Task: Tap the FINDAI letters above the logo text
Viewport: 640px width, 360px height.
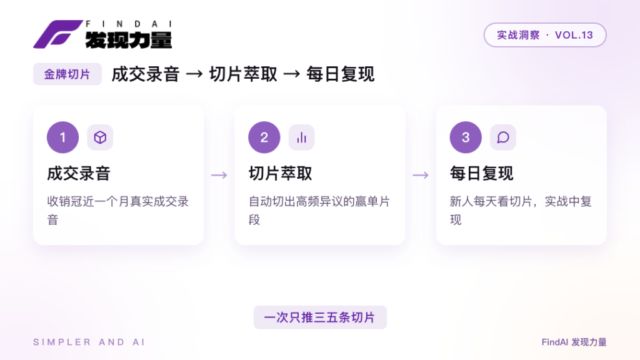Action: tap(129, 24)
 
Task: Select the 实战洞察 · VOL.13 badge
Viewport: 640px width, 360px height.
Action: tap(545, 35)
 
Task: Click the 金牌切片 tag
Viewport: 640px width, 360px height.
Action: tap(67, 74)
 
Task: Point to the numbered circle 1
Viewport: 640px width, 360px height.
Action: tap(63, 137)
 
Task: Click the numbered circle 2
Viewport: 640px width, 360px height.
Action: tap(264, 137)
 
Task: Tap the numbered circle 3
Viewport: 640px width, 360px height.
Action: tap(466, 137)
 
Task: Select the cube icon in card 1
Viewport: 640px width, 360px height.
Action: tap(100, 137)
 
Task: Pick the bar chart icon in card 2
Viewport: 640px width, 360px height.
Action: tap(302, 137)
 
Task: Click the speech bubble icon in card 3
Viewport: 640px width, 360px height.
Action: tap(503, 137)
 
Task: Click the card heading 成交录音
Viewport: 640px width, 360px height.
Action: tap(79, 174)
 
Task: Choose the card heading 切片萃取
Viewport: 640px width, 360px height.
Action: tap(281, 174)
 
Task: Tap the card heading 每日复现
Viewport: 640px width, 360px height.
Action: tap(482, 174)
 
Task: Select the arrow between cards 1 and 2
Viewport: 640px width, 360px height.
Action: tap(219, 176)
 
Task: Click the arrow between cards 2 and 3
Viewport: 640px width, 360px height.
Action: tap(421, 176)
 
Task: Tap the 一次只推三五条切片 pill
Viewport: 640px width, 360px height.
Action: tap(320, 317)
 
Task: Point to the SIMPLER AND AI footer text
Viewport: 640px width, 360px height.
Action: tap(89, 342)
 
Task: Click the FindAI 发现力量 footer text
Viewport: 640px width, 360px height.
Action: tap(574, 342)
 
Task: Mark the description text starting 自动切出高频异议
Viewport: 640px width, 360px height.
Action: tap(319, 211)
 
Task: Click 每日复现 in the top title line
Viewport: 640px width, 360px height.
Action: tap(341, 74)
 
